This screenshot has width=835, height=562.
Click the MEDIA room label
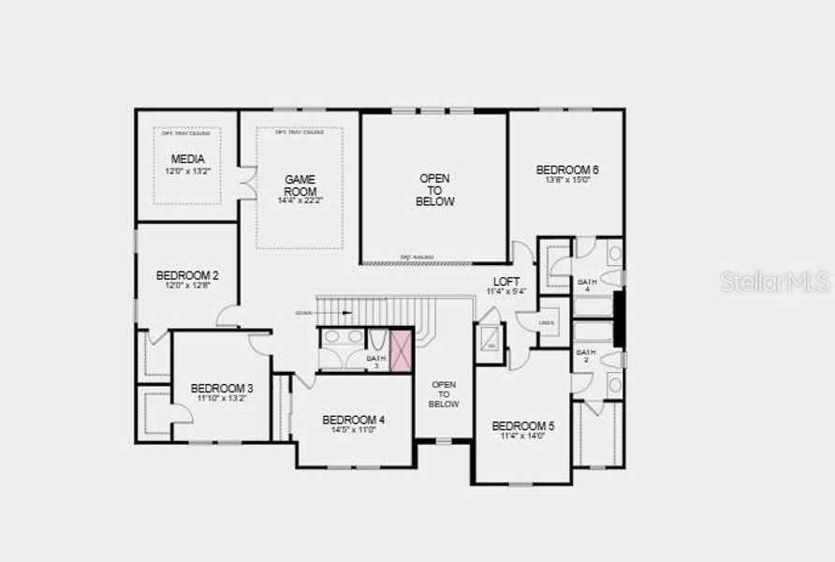point(187,159)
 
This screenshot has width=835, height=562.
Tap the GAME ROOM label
point(300,185)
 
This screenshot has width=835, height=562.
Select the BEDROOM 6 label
point(567,170)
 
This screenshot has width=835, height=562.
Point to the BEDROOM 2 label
point(187,275)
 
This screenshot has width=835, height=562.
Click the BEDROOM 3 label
point(222,388)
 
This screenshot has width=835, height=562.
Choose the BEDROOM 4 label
point(353,420)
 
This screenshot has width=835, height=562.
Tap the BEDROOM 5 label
point(523,425)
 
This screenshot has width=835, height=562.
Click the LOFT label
point(506,281)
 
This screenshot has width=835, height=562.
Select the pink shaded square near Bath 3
point(401,351)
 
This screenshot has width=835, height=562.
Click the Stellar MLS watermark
point(775,281)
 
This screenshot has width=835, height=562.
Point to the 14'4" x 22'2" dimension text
point(300,200)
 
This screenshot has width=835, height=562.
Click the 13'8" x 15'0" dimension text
point(567,180)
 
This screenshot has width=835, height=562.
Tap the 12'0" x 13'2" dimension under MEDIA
point(187,171)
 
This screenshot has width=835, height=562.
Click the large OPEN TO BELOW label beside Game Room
point(435,189)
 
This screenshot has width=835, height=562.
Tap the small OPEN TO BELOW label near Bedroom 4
point(444,393)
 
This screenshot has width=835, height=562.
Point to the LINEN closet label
point(547,322)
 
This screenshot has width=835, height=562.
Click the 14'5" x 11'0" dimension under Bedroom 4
point(353,431)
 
